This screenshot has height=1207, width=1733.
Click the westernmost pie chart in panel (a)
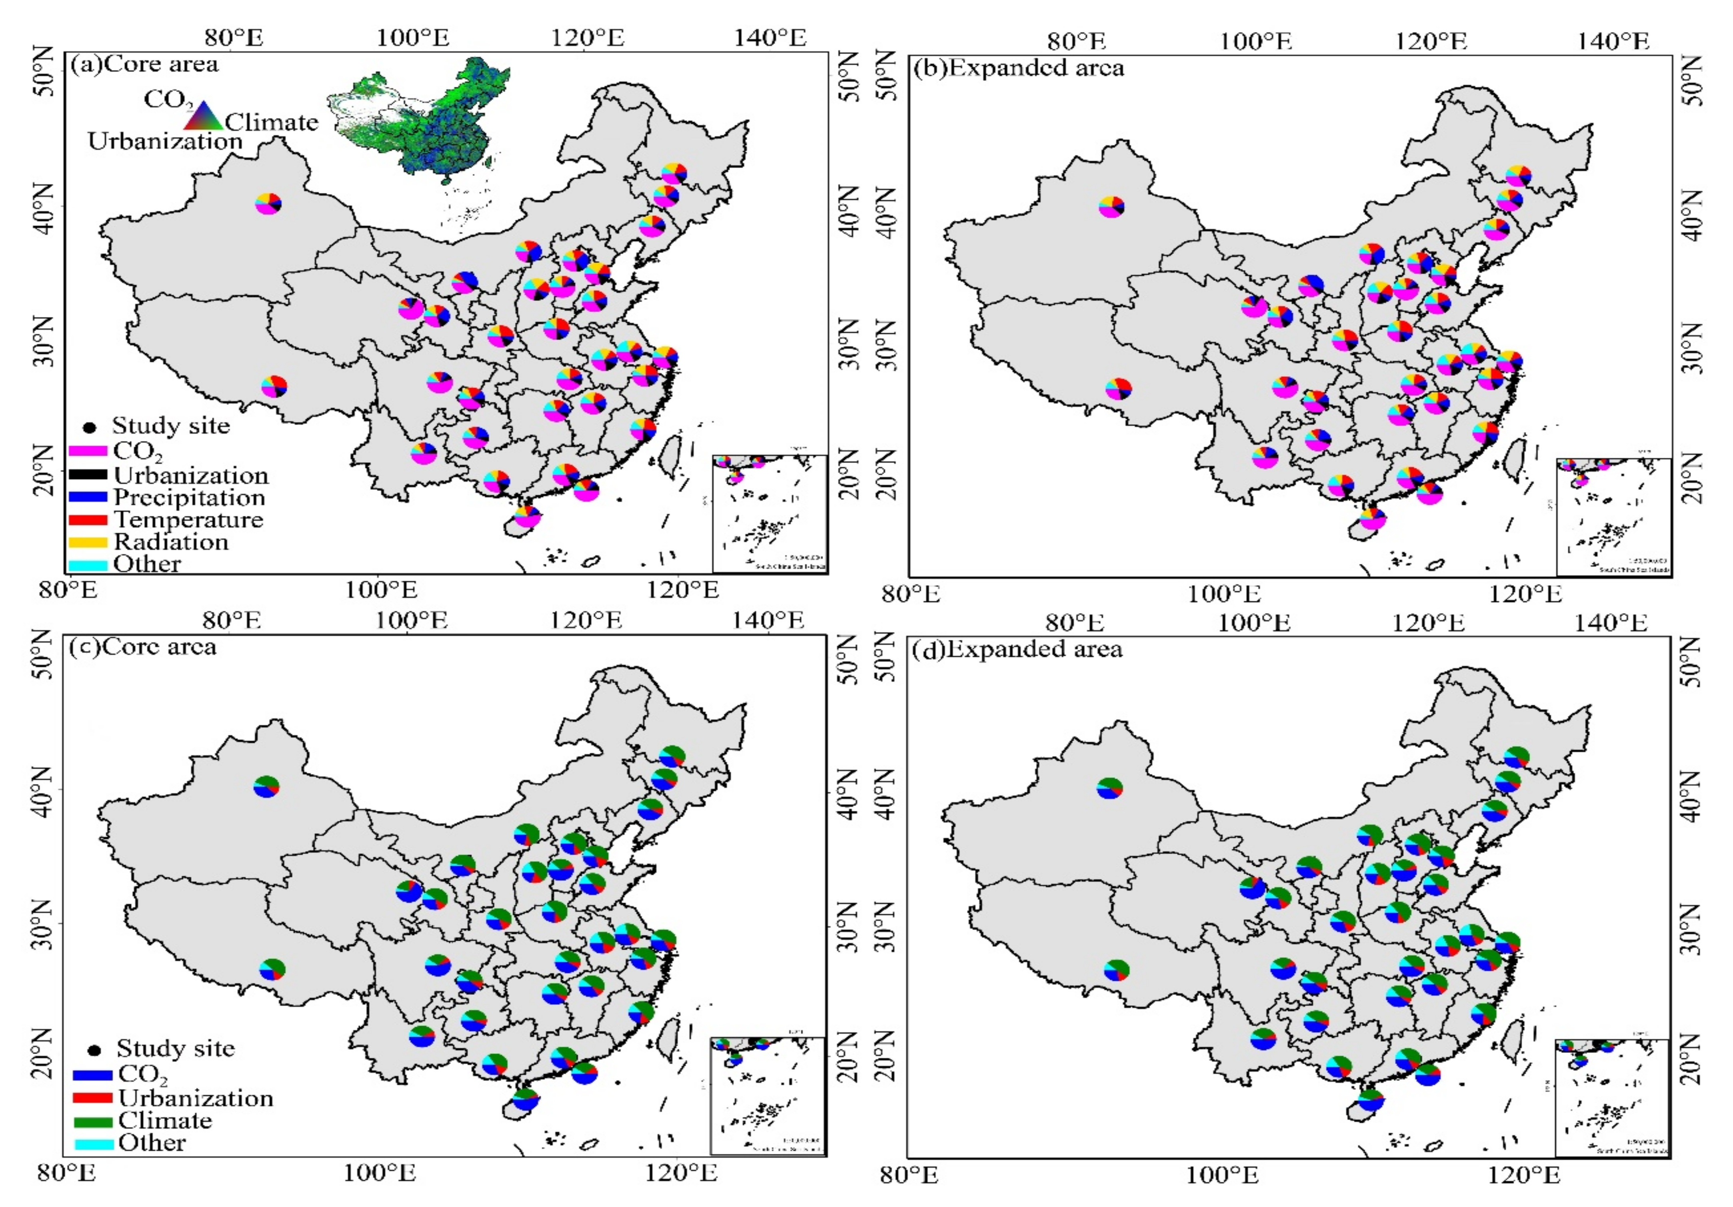pyautogui.click(x=268, y=204)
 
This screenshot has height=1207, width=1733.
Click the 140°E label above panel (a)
pyautogui.click(x=770, y=38)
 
